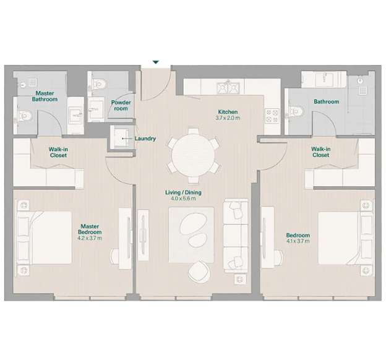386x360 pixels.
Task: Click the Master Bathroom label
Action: pos(45,96)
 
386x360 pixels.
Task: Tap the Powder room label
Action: pos(121,105)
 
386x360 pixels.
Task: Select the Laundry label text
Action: pos(145,139)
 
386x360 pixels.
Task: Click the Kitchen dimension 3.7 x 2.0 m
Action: pos(228,118)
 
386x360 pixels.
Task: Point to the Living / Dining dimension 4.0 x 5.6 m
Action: pos(182,199)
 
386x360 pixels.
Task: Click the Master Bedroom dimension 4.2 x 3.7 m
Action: pos(89,238)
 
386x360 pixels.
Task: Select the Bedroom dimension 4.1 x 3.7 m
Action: pos(298,241)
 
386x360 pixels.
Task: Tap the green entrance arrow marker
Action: pos(156,62)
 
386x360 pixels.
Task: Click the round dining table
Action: pos(192,152)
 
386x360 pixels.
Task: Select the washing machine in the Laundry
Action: pos(118,137)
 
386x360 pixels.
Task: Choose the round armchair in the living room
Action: pos(199,269)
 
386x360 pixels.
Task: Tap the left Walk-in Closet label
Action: pos(58,152)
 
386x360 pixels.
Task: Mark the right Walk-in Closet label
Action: pos(320,152)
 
